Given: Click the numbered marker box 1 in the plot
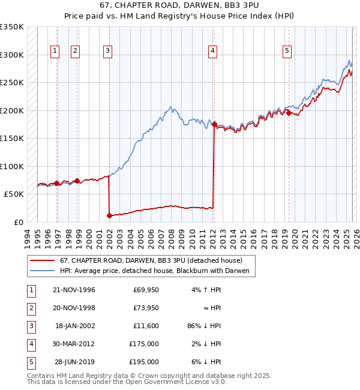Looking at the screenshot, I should click(55, 52).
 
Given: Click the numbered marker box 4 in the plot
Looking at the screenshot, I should click(213, 52).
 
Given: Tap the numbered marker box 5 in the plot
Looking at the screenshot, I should click(287, 52).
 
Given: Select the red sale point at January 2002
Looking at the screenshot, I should click(109, 215).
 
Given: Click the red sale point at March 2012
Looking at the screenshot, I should click(214, 124).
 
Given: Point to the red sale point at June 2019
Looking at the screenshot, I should click(289, 113).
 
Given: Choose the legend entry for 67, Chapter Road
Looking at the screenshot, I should click(151, 261).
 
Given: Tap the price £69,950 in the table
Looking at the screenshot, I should click(146, 290).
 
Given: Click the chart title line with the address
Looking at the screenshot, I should click(180, 5).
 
